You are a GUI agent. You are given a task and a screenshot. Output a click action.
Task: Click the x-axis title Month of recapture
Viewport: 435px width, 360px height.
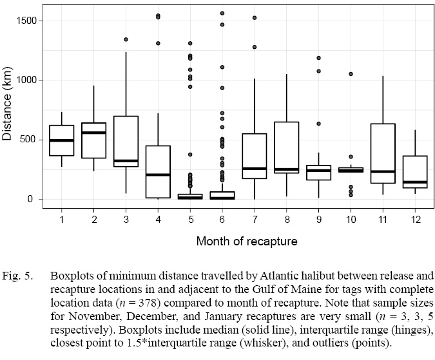click(238, 242)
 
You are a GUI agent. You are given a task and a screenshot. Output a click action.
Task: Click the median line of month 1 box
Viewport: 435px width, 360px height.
click(62, 140)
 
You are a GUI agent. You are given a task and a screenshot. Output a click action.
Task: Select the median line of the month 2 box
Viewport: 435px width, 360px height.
click(94, 133)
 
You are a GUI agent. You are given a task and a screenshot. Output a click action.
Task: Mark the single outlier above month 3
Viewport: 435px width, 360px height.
click(126, 39)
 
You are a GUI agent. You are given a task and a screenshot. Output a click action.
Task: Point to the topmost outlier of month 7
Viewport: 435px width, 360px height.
click(254, 18)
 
